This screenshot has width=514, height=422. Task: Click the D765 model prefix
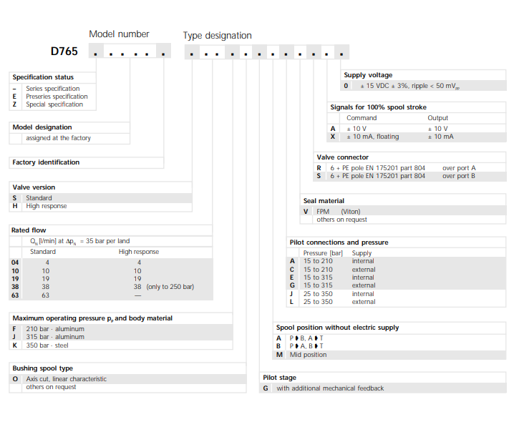[64, 51]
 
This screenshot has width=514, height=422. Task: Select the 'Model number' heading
[119, 34]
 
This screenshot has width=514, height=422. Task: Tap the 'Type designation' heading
[217, 35]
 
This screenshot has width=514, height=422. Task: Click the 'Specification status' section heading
[43, 77]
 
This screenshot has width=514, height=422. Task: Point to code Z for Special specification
[14, 104]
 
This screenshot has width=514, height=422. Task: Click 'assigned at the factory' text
[58, 138]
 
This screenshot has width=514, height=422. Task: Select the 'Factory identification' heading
[46, 162]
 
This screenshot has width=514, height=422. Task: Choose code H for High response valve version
[14, 206]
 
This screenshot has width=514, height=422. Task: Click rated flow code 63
[16, 295]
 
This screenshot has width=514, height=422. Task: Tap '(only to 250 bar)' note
[170, 287]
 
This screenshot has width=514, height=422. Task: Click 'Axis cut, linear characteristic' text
[66, 379]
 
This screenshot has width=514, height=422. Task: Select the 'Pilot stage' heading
[279, 378]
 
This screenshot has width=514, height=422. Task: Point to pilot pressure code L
[292, 302]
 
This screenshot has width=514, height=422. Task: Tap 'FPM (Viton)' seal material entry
[341, 212]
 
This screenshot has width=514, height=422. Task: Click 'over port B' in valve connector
[459, 176]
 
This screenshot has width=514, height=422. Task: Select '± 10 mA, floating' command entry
[373, 137]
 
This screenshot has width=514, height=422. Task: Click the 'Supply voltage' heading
[368, 75]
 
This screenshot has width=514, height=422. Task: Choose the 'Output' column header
[437, 118]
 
